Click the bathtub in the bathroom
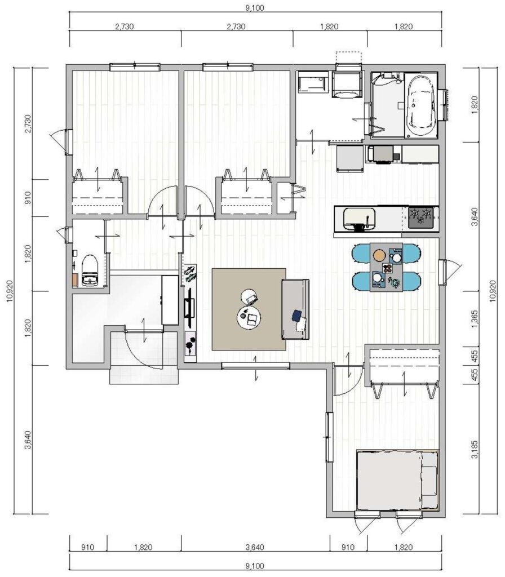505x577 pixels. pos(422,105)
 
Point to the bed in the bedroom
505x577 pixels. pos(398,480)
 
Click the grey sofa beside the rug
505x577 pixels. pos(295,309)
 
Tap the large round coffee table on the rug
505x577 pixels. pos(249,318)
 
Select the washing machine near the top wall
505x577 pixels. pos(347,85)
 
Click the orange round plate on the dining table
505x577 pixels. pos(379,255)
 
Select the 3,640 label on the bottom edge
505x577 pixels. pos(255,547)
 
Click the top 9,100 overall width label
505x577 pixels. pos(255,8)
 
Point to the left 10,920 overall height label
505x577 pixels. pos(10,291)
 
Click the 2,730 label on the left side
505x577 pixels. pos(28,125)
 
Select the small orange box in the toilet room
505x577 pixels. pos(76,279)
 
